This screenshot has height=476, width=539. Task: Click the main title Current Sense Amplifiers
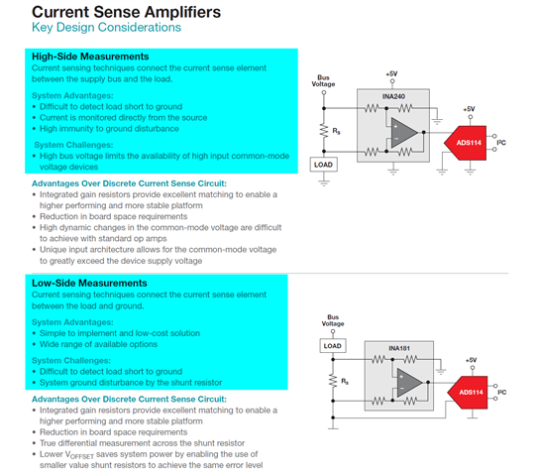pos(126,12)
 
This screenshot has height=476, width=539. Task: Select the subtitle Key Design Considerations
pos(106,27)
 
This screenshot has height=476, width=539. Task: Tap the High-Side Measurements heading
pos(90,57)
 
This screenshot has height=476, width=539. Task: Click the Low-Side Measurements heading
pos(89,283)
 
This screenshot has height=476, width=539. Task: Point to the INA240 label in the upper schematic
pos(393,96)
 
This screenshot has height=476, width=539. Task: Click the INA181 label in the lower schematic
pos(399,348)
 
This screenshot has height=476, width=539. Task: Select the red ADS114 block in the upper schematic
pos(465,143)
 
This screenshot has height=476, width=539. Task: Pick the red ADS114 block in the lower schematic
pos(468,393)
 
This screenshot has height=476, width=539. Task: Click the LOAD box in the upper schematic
pos(323,165)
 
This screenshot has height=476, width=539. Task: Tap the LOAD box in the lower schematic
pos(332,346)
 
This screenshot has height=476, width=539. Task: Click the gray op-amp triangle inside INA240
pos(403,133)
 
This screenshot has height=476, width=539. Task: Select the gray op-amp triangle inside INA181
pos(408,383)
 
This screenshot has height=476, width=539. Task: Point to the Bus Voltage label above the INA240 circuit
pos(323,81)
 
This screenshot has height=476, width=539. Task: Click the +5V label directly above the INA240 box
pos(391,74)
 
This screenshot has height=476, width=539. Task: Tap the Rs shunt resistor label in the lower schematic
pos(345,381)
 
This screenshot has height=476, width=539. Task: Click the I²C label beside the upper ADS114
pos(501,143)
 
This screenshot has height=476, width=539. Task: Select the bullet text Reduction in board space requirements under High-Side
pos(113,216)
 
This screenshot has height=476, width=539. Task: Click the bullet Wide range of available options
pos(98,344)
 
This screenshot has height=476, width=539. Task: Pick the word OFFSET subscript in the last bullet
pos(82,457)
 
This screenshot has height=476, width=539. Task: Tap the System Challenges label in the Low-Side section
pos(71,360)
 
